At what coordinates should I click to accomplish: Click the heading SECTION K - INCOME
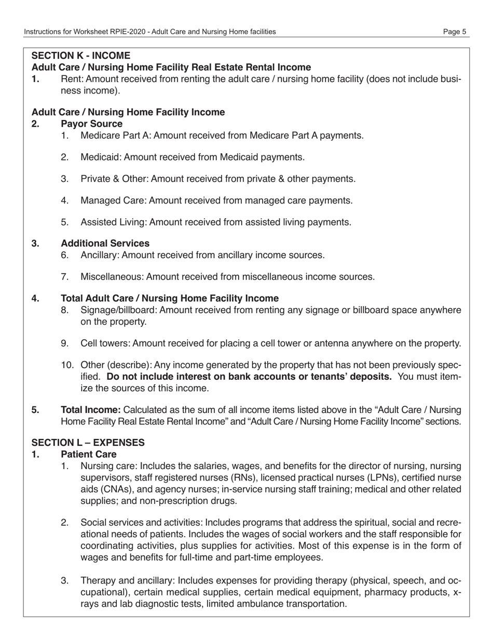(x=81, y=56)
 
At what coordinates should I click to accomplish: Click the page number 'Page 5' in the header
(x=455, y=32)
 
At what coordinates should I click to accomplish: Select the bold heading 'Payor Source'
(x=92, y=124)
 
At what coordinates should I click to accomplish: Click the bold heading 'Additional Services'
(x=105, y=244)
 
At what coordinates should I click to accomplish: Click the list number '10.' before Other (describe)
(x=67, y=365)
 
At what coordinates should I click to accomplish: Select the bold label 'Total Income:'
(x=91, y=410)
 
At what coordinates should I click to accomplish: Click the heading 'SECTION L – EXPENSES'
(x=88, y=443)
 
